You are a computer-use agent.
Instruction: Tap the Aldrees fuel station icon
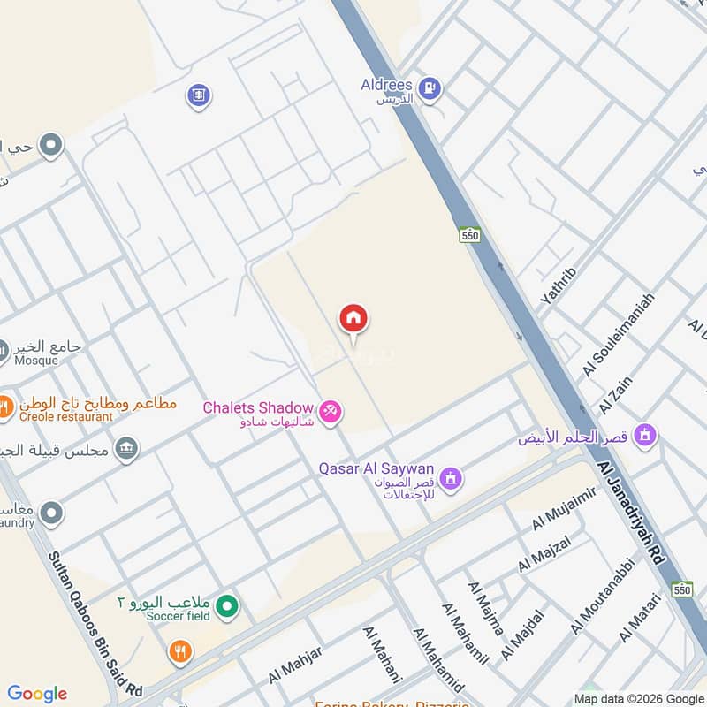coord(430,87)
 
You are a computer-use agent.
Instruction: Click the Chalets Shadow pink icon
coord(331,412)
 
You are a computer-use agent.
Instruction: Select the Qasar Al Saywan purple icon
coord(451,478)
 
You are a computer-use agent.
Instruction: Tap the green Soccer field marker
coord(228,606)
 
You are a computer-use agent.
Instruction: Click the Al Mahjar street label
coord(295,665)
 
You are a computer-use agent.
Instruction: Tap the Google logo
coord(37,695)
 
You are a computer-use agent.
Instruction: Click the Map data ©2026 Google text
coord(640,698)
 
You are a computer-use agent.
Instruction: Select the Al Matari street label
coord(639,618)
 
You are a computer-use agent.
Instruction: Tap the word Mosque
coord(36,361)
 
